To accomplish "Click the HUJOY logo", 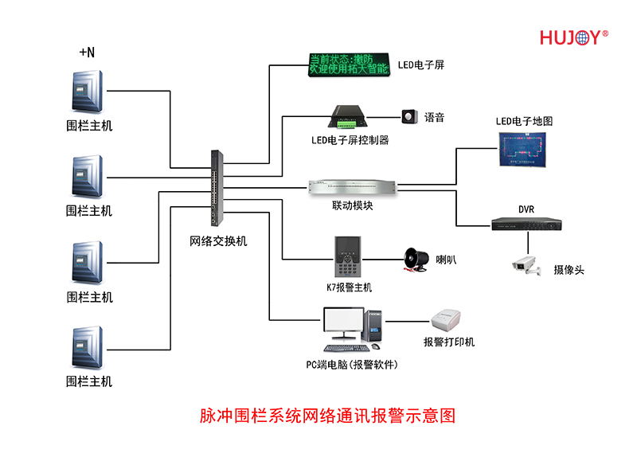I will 573,37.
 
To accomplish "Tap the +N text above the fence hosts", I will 87,53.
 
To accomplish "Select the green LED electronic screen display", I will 348,63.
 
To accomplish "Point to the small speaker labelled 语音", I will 409,117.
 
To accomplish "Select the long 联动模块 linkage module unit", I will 353,187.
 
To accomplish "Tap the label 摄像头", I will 569,270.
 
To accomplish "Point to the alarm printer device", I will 448,322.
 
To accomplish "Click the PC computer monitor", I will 343,325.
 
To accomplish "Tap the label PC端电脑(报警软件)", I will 352,365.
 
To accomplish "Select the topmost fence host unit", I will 88,92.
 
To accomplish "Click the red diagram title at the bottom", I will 326,416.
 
